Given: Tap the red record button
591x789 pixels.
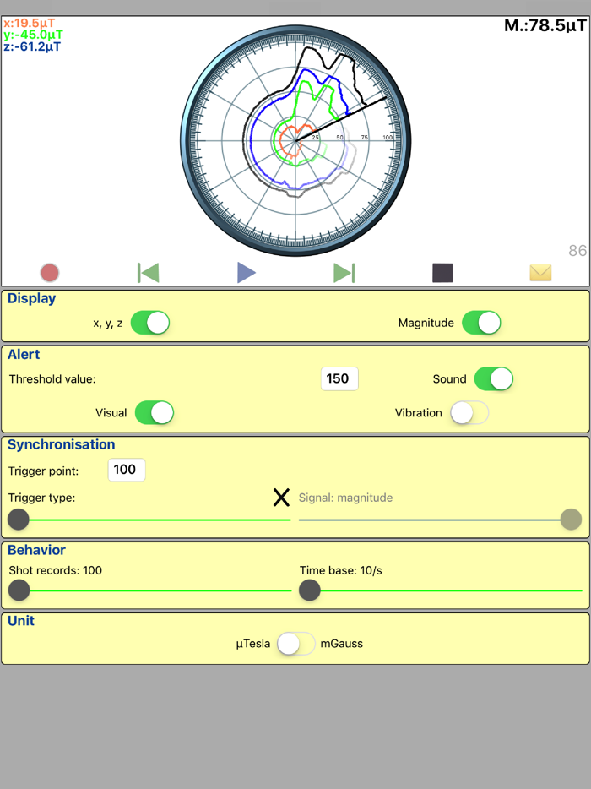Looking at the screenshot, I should click(x=50, y=273).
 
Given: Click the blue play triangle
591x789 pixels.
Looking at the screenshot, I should click(x=246, y=272).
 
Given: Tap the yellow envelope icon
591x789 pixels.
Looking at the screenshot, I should click(x=540, y=272).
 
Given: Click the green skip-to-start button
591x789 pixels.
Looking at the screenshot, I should click(x=149, y=272).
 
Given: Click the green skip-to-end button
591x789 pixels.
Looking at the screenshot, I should click(x=344, y=272).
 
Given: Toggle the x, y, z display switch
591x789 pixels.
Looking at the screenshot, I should click(x=150, y=323).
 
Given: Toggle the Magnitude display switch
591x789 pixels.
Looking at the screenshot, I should click(x=481, y=323).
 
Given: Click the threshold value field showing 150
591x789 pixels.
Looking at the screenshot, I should click(x=339, y=378).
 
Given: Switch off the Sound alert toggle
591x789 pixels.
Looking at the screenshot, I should click(x=494, y=378).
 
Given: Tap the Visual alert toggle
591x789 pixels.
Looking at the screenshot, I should click(x=155, y=412).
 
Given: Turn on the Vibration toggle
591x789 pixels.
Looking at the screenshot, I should click(x=469, y=412).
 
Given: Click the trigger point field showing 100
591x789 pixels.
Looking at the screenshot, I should click(x=127, y=470).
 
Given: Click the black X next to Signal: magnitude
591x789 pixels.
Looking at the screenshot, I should click(x=281, y=498).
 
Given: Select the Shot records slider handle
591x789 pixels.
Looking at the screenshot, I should click(x=19, y=590).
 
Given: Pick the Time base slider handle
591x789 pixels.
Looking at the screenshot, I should click(x=310, y=590).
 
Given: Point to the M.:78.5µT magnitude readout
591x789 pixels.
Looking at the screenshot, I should click(x=545, y=25).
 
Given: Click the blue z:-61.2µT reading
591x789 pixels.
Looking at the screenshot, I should click(x=32, y=46).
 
